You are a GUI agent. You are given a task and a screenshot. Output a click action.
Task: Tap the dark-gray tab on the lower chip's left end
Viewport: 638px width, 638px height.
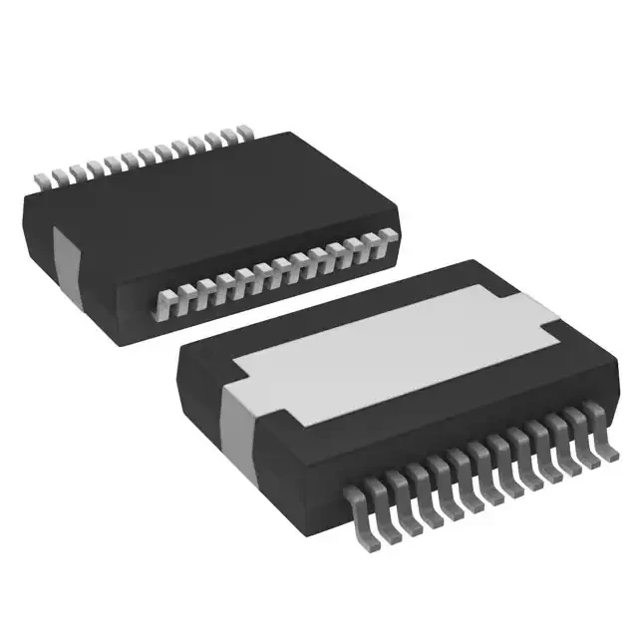(239, 414)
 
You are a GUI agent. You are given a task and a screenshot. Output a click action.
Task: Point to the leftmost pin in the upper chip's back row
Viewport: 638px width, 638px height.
(43, 180)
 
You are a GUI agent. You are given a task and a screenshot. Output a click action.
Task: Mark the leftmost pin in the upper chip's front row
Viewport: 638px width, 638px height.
(160, 305)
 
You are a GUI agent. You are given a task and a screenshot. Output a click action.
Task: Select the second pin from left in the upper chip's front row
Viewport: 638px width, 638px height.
(179, 299)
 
